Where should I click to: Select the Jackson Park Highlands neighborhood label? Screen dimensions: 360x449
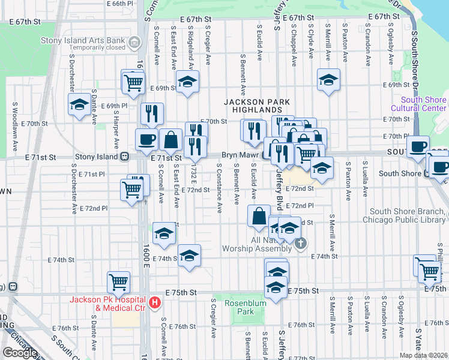[x=253, y=106]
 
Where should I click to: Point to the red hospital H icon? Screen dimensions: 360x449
[x=155, y=303]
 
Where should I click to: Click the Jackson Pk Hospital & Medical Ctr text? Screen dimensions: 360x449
[x=107, y=304]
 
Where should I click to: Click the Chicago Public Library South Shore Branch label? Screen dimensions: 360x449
[x=405, y=215]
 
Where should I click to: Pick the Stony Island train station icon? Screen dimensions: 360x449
[x=125, y=157]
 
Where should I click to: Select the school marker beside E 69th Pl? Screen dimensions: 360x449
[x=79, y=104]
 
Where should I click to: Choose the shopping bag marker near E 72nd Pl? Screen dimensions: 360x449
[x=259, y=216]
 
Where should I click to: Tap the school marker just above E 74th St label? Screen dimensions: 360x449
[x=189, y=256]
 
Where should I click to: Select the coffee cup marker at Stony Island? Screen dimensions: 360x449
[x=146, y=140]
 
